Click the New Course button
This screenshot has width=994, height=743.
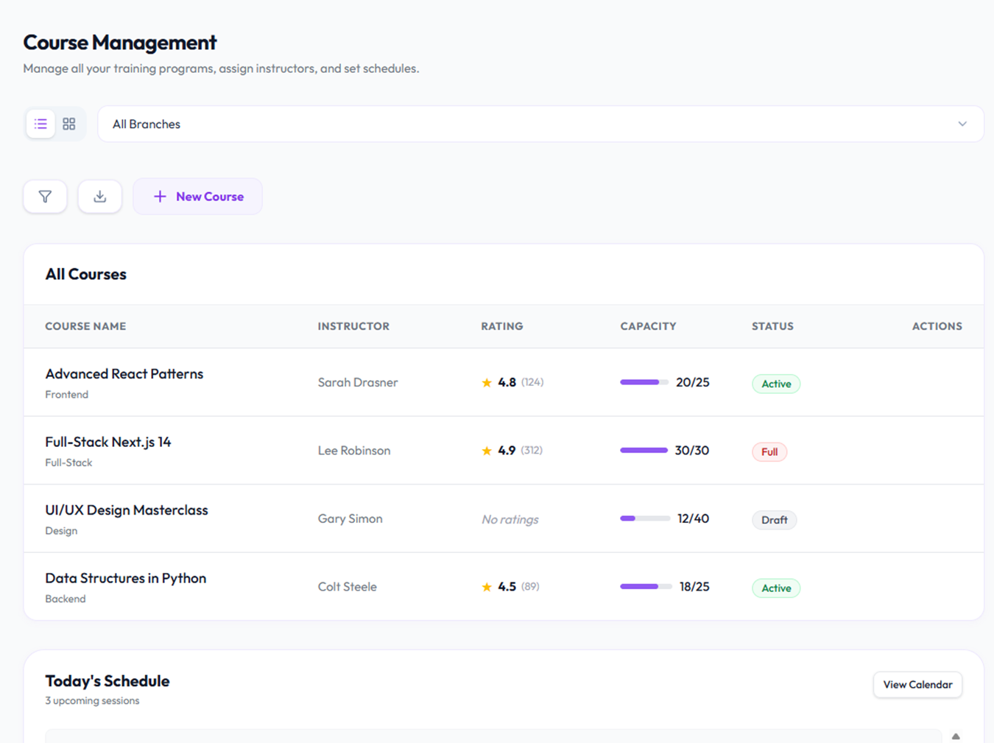pos(197,197)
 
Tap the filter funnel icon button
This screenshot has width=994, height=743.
pos(46,197)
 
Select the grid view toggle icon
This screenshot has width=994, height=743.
pos(68,124)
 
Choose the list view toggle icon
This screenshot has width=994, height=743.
pos(40,124)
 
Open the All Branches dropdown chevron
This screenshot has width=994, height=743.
pos(962,124)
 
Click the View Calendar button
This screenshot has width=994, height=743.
pos(917,685)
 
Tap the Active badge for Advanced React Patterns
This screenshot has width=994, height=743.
pos(776,384)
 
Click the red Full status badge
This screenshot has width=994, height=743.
pos(769,452)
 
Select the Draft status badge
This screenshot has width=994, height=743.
pos(775,520)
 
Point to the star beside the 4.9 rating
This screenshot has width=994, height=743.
pos(487,451)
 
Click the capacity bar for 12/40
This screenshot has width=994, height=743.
pos(645,518)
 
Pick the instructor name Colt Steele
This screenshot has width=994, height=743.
pos(348,587)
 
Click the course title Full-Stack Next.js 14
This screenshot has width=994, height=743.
pos(108,442)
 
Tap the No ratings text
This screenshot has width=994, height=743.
pos(510,519)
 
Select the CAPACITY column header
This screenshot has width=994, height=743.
pos(648,326)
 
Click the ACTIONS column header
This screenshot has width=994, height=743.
pos(937,326)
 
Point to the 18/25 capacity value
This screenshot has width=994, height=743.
pos(694,587)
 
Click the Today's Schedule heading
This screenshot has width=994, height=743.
pos(107,681)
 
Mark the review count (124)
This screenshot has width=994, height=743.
pos(532,382)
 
